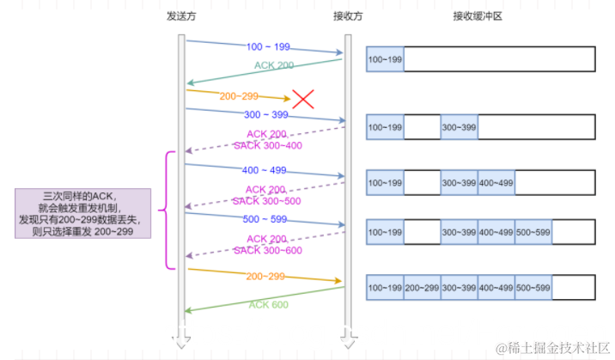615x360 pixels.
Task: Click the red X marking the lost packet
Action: [x=302, y=99]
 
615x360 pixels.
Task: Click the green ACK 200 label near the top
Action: [x=273, y=65]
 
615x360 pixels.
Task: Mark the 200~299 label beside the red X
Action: [x=240, y=97]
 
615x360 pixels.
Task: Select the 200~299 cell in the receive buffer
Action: [x=421, y=287]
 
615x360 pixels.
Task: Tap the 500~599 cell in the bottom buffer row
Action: [x=533, y=287]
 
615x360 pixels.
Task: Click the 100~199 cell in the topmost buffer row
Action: [x=384, y=59]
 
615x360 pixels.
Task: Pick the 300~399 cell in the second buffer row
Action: [x=459, y=127]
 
